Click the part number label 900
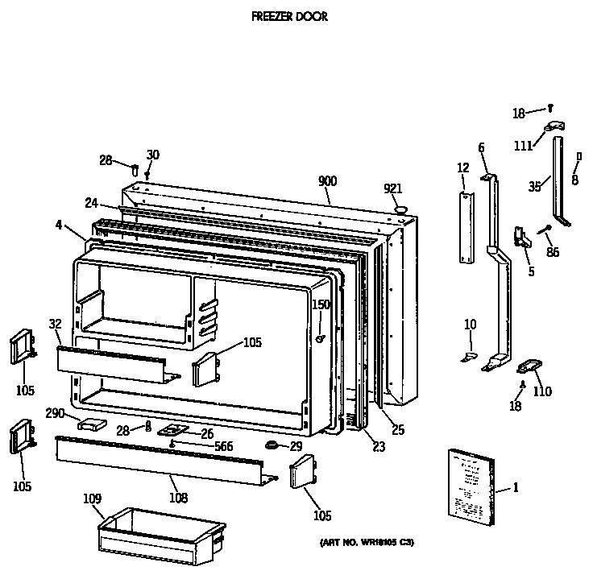pos(327,182)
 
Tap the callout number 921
pos(393,188)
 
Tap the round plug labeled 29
pos(272,445)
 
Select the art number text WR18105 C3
pos(362,543)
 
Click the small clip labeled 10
pos(470,354)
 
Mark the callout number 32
pos(55,325)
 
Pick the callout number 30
pos(153,155)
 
